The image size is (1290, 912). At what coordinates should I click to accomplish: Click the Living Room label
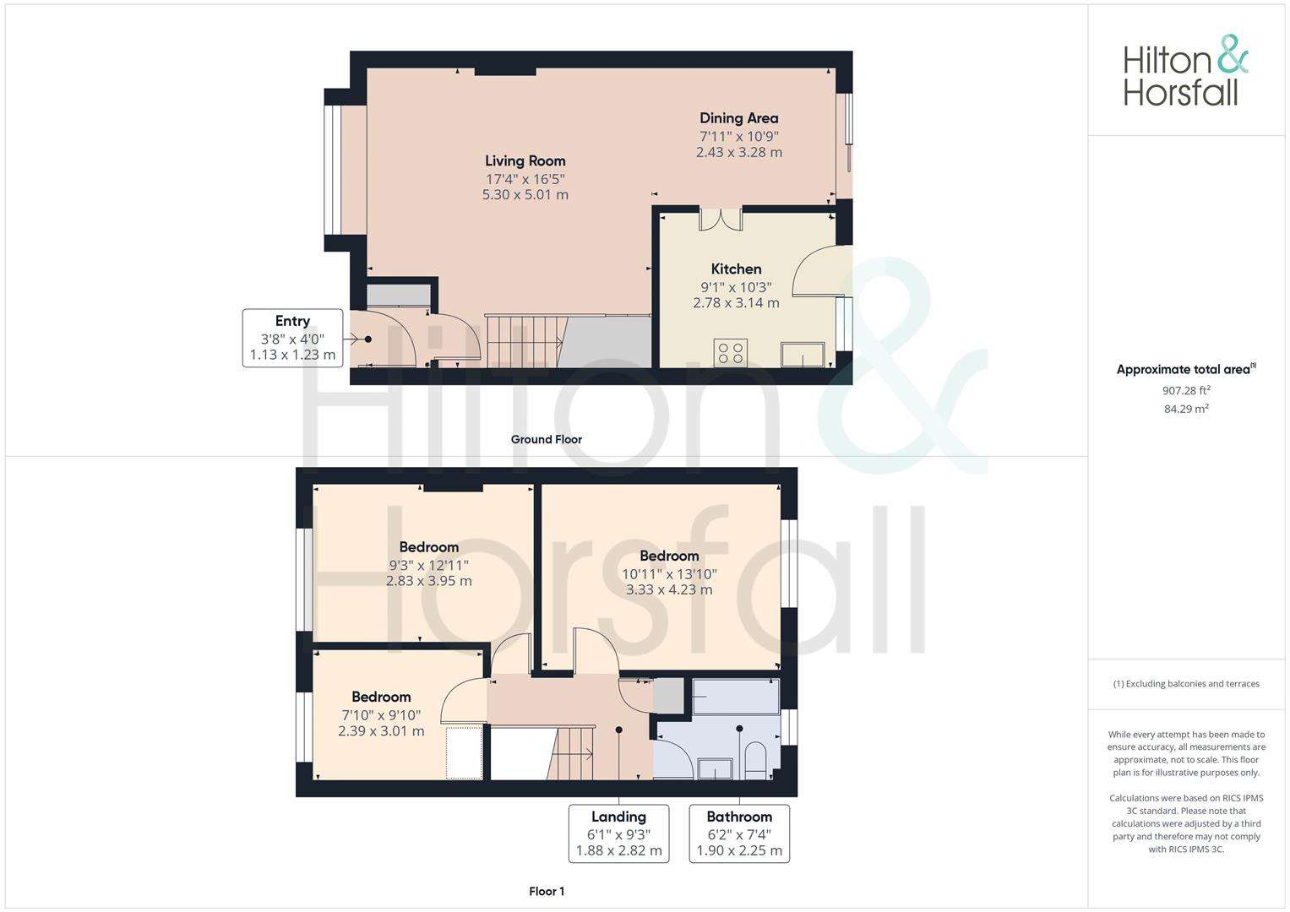click(x=525, y=161)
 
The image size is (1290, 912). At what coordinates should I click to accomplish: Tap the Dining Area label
click(x=738, y=118)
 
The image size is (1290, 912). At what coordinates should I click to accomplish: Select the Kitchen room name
click(x=736, y=269)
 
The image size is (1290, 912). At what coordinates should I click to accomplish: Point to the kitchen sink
click(x=802, y=355)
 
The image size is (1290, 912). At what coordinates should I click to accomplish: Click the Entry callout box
click(x=292, y=338)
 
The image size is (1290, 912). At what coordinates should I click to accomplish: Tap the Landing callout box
click(x=618, y=833)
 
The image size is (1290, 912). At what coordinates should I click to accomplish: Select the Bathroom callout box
click(x=739, y=833)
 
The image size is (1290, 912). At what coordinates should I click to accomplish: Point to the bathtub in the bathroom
click(x=733, y=698)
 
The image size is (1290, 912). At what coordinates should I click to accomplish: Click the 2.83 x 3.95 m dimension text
click(x=428, y=581)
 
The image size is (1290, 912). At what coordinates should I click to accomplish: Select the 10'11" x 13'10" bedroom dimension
click(x=669, y=573)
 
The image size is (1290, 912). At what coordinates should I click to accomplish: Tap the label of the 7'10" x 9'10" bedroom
click(x=381, y=698)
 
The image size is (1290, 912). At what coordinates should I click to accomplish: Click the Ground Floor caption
click(x=546, y=439)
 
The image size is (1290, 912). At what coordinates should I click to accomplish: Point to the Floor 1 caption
click(x=546, y=891)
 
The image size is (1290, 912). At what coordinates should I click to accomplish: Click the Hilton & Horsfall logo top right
click(x=1185, y=71)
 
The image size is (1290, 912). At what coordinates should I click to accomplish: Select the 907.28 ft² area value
click(x=1186, y=390)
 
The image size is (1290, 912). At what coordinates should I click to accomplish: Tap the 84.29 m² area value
click(x=1186, y=409)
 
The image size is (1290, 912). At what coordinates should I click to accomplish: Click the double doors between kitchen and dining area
click(x=721, y=219)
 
